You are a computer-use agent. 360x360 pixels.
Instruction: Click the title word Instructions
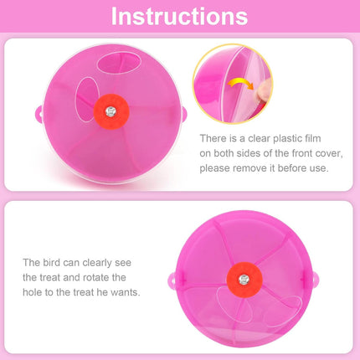pyautogui.click(x=179, y=16)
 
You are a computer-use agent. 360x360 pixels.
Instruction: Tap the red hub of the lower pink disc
pyautogui.click(x=244, y=277)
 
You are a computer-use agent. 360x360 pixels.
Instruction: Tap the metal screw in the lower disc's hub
pyautogui.click(x=244, y=277)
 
